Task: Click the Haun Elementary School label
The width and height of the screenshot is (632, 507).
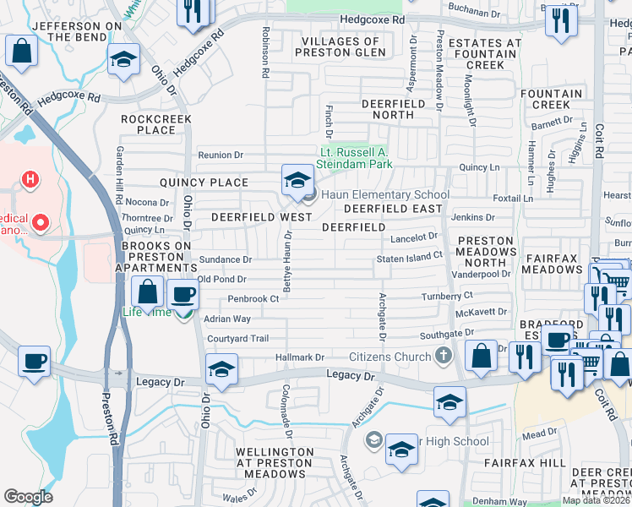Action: (384, 195)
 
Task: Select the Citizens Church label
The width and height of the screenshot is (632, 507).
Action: (389, 357)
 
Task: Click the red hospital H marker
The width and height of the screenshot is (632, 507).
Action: (30, 179)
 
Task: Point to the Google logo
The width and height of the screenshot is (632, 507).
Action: (27, 497)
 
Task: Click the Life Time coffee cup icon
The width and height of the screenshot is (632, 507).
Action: (183, 295)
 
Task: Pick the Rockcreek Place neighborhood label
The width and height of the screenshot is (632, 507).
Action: (156, 125)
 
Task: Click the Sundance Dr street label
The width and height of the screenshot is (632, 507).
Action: (225, 259)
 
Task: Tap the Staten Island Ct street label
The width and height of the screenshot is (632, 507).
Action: (410, 256)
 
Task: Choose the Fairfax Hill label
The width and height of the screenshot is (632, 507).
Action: (525, 463)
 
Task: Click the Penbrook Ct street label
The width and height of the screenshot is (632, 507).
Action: (253, 299)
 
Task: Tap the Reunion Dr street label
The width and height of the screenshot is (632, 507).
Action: (221, 155)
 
